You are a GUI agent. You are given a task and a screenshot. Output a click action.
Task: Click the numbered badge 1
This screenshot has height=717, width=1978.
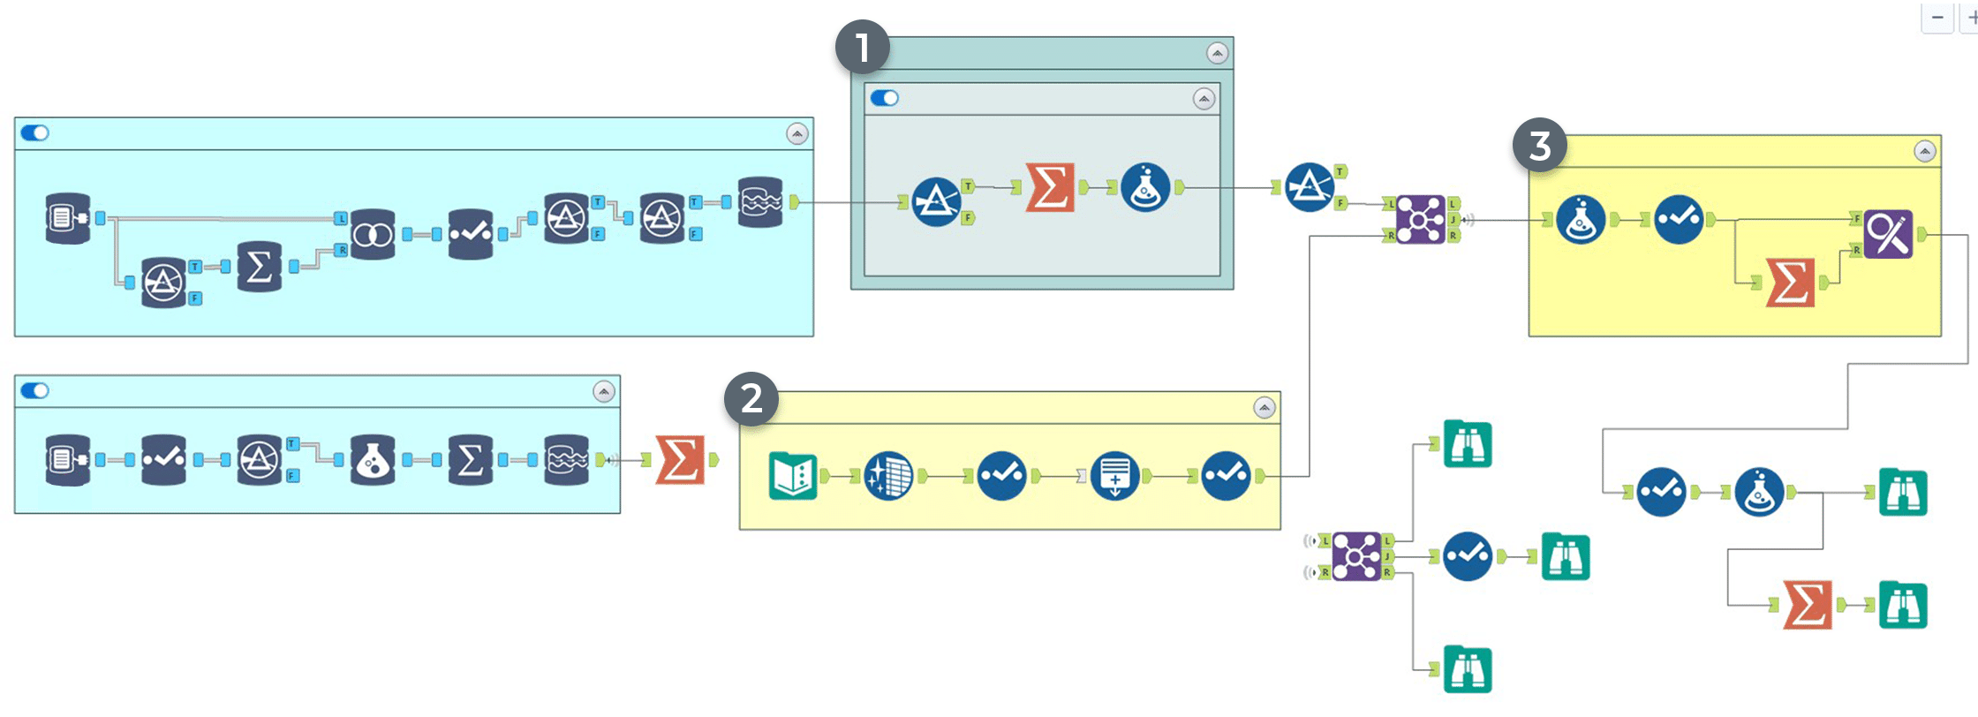coord(862,48)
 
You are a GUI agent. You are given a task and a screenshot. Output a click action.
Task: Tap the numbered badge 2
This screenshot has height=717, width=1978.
coord(751,399)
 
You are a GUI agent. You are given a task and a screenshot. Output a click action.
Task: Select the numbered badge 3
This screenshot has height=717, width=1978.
coord(1539,146)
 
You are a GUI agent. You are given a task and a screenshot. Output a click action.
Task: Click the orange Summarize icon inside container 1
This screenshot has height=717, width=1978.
coord(1050,187)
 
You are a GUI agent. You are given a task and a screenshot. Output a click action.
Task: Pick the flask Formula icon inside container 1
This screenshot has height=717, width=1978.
coord(1145,187)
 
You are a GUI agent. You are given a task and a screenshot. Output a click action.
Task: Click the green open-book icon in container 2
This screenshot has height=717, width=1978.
coord(793,476)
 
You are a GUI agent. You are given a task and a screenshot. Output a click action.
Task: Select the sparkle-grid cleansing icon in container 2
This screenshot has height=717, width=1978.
coord(887,476)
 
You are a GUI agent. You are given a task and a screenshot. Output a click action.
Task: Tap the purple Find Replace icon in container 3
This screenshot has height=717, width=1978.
coord(1888,234)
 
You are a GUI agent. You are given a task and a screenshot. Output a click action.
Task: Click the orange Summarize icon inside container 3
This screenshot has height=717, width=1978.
coord(1790,283)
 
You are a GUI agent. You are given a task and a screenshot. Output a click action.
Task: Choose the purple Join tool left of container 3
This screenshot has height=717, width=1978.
coord(1420,219)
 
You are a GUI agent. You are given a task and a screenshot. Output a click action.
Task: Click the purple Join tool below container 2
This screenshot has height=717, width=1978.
coord(1356,556)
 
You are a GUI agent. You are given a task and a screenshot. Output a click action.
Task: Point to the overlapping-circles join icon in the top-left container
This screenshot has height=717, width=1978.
coord(373,234)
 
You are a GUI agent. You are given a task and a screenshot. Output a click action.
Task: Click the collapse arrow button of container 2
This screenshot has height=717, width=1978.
coord(1265,408)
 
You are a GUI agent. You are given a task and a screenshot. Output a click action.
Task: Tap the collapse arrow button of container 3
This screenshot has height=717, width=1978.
coord(1925,152)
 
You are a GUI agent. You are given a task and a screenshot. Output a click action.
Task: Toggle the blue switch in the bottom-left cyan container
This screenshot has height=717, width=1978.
coord(35,390)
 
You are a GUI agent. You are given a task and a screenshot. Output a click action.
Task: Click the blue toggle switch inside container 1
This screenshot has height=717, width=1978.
coord(884,98)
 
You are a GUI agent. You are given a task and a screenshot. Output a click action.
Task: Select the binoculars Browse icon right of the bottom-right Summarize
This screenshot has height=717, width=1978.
coord(1902,605)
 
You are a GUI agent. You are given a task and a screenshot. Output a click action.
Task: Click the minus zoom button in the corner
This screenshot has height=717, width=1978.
coord(1936,18)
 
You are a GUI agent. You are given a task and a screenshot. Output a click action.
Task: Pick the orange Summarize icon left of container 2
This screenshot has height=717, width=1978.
coord(680,460)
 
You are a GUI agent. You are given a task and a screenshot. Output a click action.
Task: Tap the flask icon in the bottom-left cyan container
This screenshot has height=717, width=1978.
coord(373,460)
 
